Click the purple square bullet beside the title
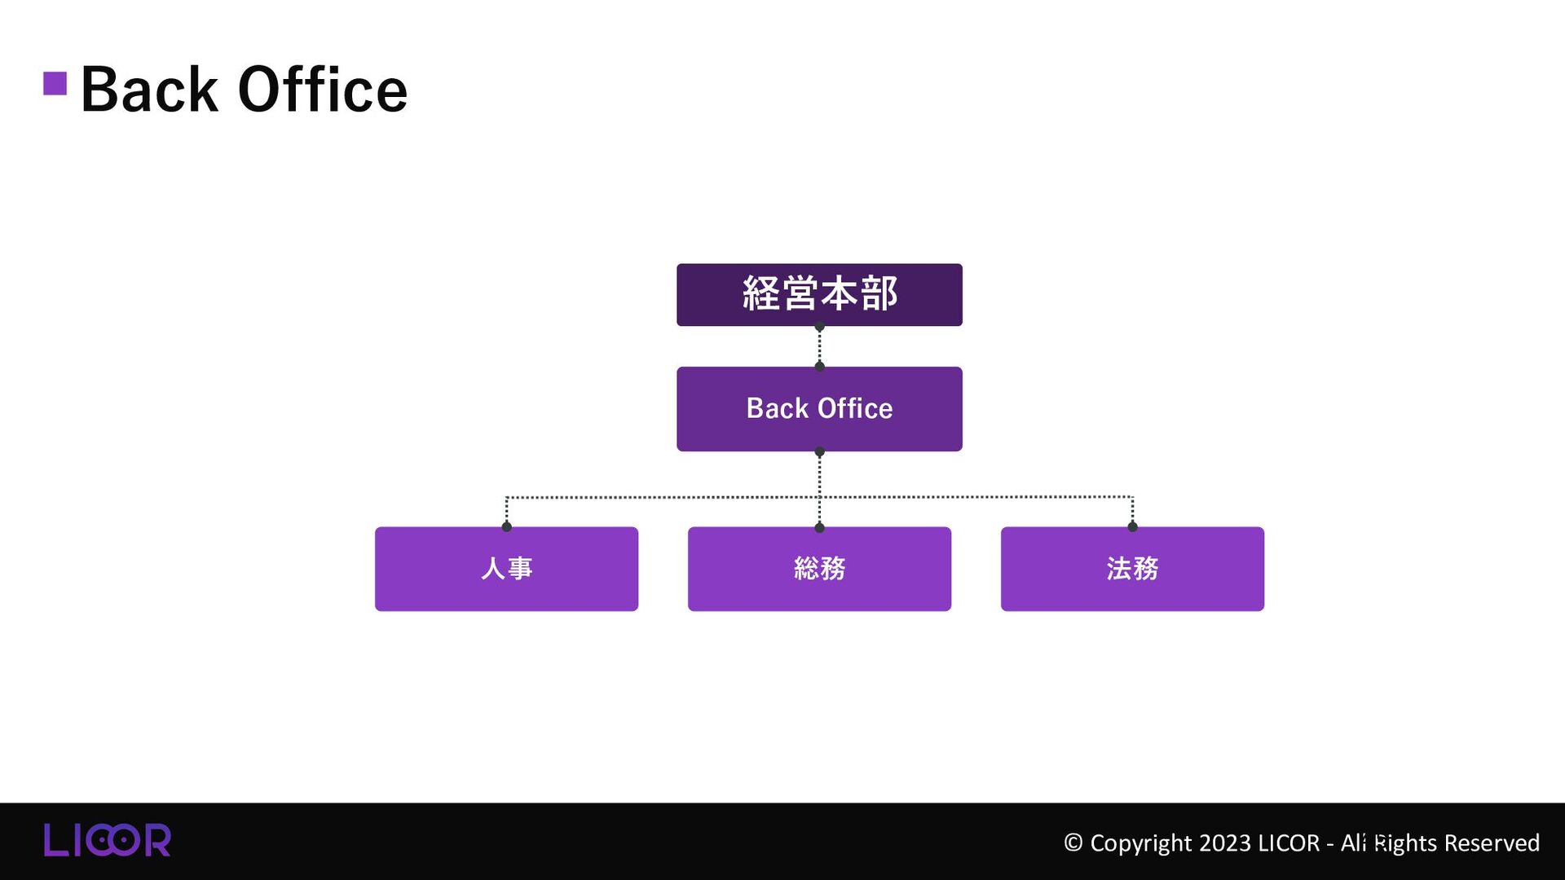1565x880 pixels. click(55, 83)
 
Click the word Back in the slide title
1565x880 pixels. click(149, 90)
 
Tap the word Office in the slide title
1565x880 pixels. click(322, 90)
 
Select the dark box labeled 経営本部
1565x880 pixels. click(819, 294)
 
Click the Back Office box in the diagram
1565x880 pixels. click(819, 408)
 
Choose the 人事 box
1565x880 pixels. click(506, 569)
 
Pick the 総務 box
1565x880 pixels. click(819, 569)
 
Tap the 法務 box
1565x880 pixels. click(1132, 569)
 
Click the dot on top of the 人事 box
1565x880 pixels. click(506, 526)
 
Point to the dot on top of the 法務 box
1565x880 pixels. click(1132, 526)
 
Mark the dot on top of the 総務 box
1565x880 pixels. click(819, 527)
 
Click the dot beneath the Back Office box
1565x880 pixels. click(819, 451)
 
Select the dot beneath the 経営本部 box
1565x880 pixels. click(819, 327)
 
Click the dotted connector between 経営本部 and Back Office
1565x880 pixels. click(819, 347)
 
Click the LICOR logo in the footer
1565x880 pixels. click(107, 840)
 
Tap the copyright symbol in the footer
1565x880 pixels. click(1073, 843)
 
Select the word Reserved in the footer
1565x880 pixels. click(1492, 843)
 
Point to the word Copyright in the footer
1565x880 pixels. click(1140, 843)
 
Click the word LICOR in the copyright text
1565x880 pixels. click(1289, 843)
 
